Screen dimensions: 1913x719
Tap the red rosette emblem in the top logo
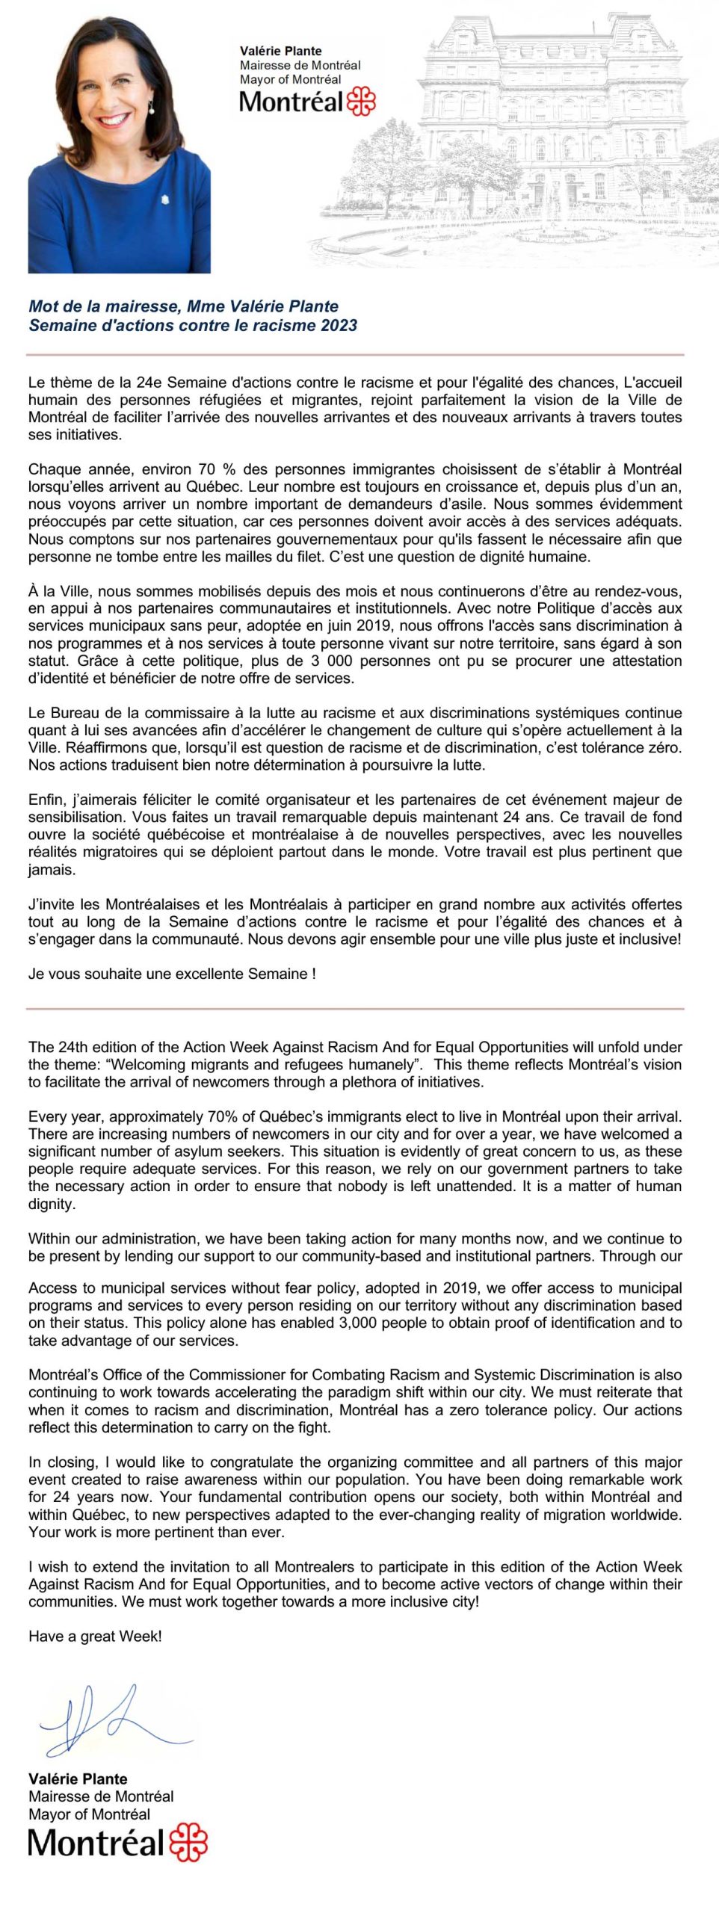361,101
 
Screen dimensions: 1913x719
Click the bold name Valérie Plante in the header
280,51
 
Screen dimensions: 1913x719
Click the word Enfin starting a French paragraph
46,800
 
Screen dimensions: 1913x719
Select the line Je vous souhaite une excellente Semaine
172,974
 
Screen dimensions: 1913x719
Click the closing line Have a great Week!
95,1636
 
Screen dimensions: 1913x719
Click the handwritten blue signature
112,1718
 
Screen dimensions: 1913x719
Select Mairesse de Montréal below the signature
101,1796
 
